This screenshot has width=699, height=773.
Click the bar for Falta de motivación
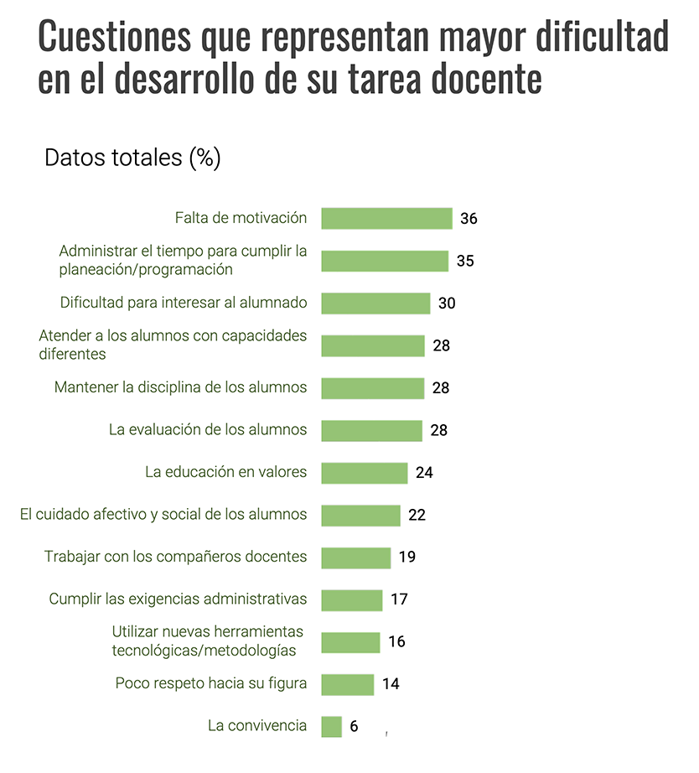pyautogui.click(x=386, y=219)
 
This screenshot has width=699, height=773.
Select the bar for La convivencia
pyautogui.click(x=331, y=726)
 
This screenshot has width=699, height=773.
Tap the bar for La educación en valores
pyautogui.click(x=365, y=473)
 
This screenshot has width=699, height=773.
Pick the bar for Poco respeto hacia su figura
pyautogui.click(x=348, y=684)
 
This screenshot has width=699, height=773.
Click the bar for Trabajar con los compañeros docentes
pyautogui.click(x=356, y=558)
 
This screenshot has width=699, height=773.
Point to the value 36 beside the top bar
pyautogui.click(x=469, y=219)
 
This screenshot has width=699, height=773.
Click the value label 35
pyautogui.click(x=465, y=261)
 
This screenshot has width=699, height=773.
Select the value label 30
pyautogui.click(x=447, y=303)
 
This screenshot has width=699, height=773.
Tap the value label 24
pyautogui.click(x=424, y=473)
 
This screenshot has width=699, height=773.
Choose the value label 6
pyautogui.click(x=354, y=726)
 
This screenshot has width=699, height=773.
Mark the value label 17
pyautogui.click(x=398, y=599)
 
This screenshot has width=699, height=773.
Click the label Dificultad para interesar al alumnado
pyautogui.click(x=184, y=303)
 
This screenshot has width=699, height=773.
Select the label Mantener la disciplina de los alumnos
pyautogui.click(x=180, y=387)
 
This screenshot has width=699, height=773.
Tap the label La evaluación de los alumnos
pyautogui.click(x=208, y=430)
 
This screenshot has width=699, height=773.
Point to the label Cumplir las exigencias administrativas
pyautogui.click(x=178, y=599)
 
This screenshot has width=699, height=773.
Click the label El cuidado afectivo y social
pyautogui.click(x=163, y=515)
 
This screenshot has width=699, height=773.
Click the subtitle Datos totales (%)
pyautogui.click(x=132, y=158)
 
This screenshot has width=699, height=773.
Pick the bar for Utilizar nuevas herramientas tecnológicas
pyautogui.click(x=350, y=642)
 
